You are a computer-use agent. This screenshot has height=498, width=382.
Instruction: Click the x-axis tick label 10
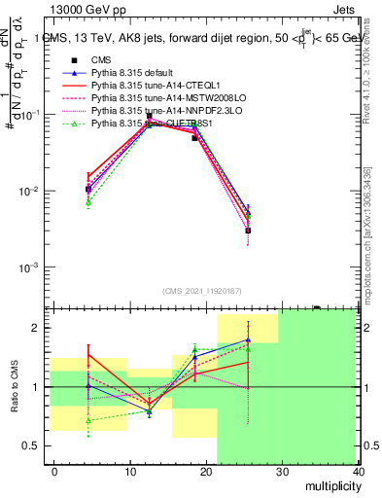tap(130, 472)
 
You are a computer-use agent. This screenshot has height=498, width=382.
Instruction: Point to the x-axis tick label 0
tap(54, 472)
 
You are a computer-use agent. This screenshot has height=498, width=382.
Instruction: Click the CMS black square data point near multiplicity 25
tap(248, 231)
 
